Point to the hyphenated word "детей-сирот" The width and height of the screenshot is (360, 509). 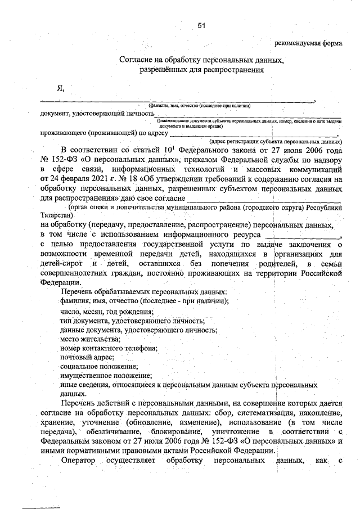61,264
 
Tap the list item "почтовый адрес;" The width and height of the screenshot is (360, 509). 87,358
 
